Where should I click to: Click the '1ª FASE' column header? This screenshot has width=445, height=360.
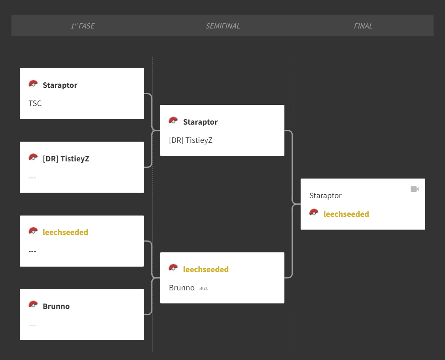point(83,26)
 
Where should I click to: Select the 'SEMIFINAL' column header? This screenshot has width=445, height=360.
point(223,26)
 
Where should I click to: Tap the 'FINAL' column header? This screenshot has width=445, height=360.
point(363,26)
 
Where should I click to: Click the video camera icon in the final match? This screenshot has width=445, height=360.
point(415,189)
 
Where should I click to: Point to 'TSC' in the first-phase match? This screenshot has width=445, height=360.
point(35,103)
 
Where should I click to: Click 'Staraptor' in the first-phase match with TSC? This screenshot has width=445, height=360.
point(60,85)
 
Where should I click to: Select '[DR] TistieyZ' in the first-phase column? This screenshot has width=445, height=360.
point(66,159)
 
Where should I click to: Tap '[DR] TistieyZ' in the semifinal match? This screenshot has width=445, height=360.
point(190,140)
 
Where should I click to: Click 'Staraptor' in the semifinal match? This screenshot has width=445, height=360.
point(201,122)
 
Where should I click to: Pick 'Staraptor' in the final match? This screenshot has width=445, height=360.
point(325,195)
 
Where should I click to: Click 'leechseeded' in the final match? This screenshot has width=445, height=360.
point(346,214)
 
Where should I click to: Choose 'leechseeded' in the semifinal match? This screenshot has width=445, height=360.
point(206,269)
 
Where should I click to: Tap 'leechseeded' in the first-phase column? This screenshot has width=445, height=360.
point(65,232)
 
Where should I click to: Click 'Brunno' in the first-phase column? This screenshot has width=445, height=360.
point(56,306)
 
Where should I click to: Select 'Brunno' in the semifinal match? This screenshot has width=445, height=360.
point(182,288)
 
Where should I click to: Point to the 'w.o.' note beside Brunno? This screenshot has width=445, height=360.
point(203,288)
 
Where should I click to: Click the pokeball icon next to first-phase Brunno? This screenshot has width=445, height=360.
point(33,305)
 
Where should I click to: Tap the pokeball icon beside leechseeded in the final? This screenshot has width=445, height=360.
point(314,212)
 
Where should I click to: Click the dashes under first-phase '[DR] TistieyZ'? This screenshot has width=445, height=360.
point(32,178)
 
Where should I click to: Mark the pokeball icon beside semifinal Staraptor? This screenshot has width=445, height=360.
point(173,120)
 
